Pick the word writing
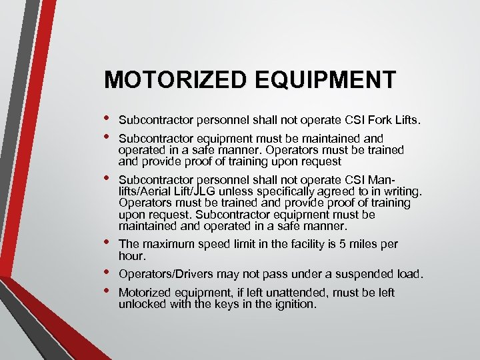pos(399,192)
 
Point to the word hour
pos(131,256)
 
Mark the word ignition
pos(292,304)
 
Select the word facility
pos(299,245)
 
